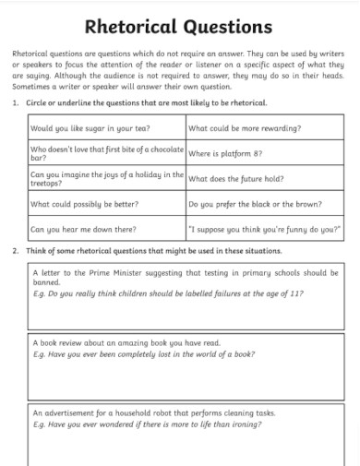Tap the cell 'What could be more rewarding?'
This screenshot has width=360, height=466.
pos(245,128)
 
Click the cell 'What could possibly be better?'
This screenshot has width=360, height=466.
pos(84,203)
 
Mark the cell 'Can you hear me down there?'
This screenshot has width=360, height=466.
pos(83,228)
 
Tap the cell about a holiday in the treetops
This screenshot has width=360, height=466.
pos(107,178)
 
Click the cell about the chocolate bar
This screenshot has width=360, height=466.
pos(107,153)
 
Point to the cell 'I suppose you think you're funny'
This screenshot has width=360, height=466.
pos(264,228)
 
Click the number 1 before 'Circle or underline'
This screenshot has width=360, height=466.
pos(17,103)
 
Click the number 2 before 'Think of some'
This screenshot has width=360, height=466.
pos(17,251)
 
